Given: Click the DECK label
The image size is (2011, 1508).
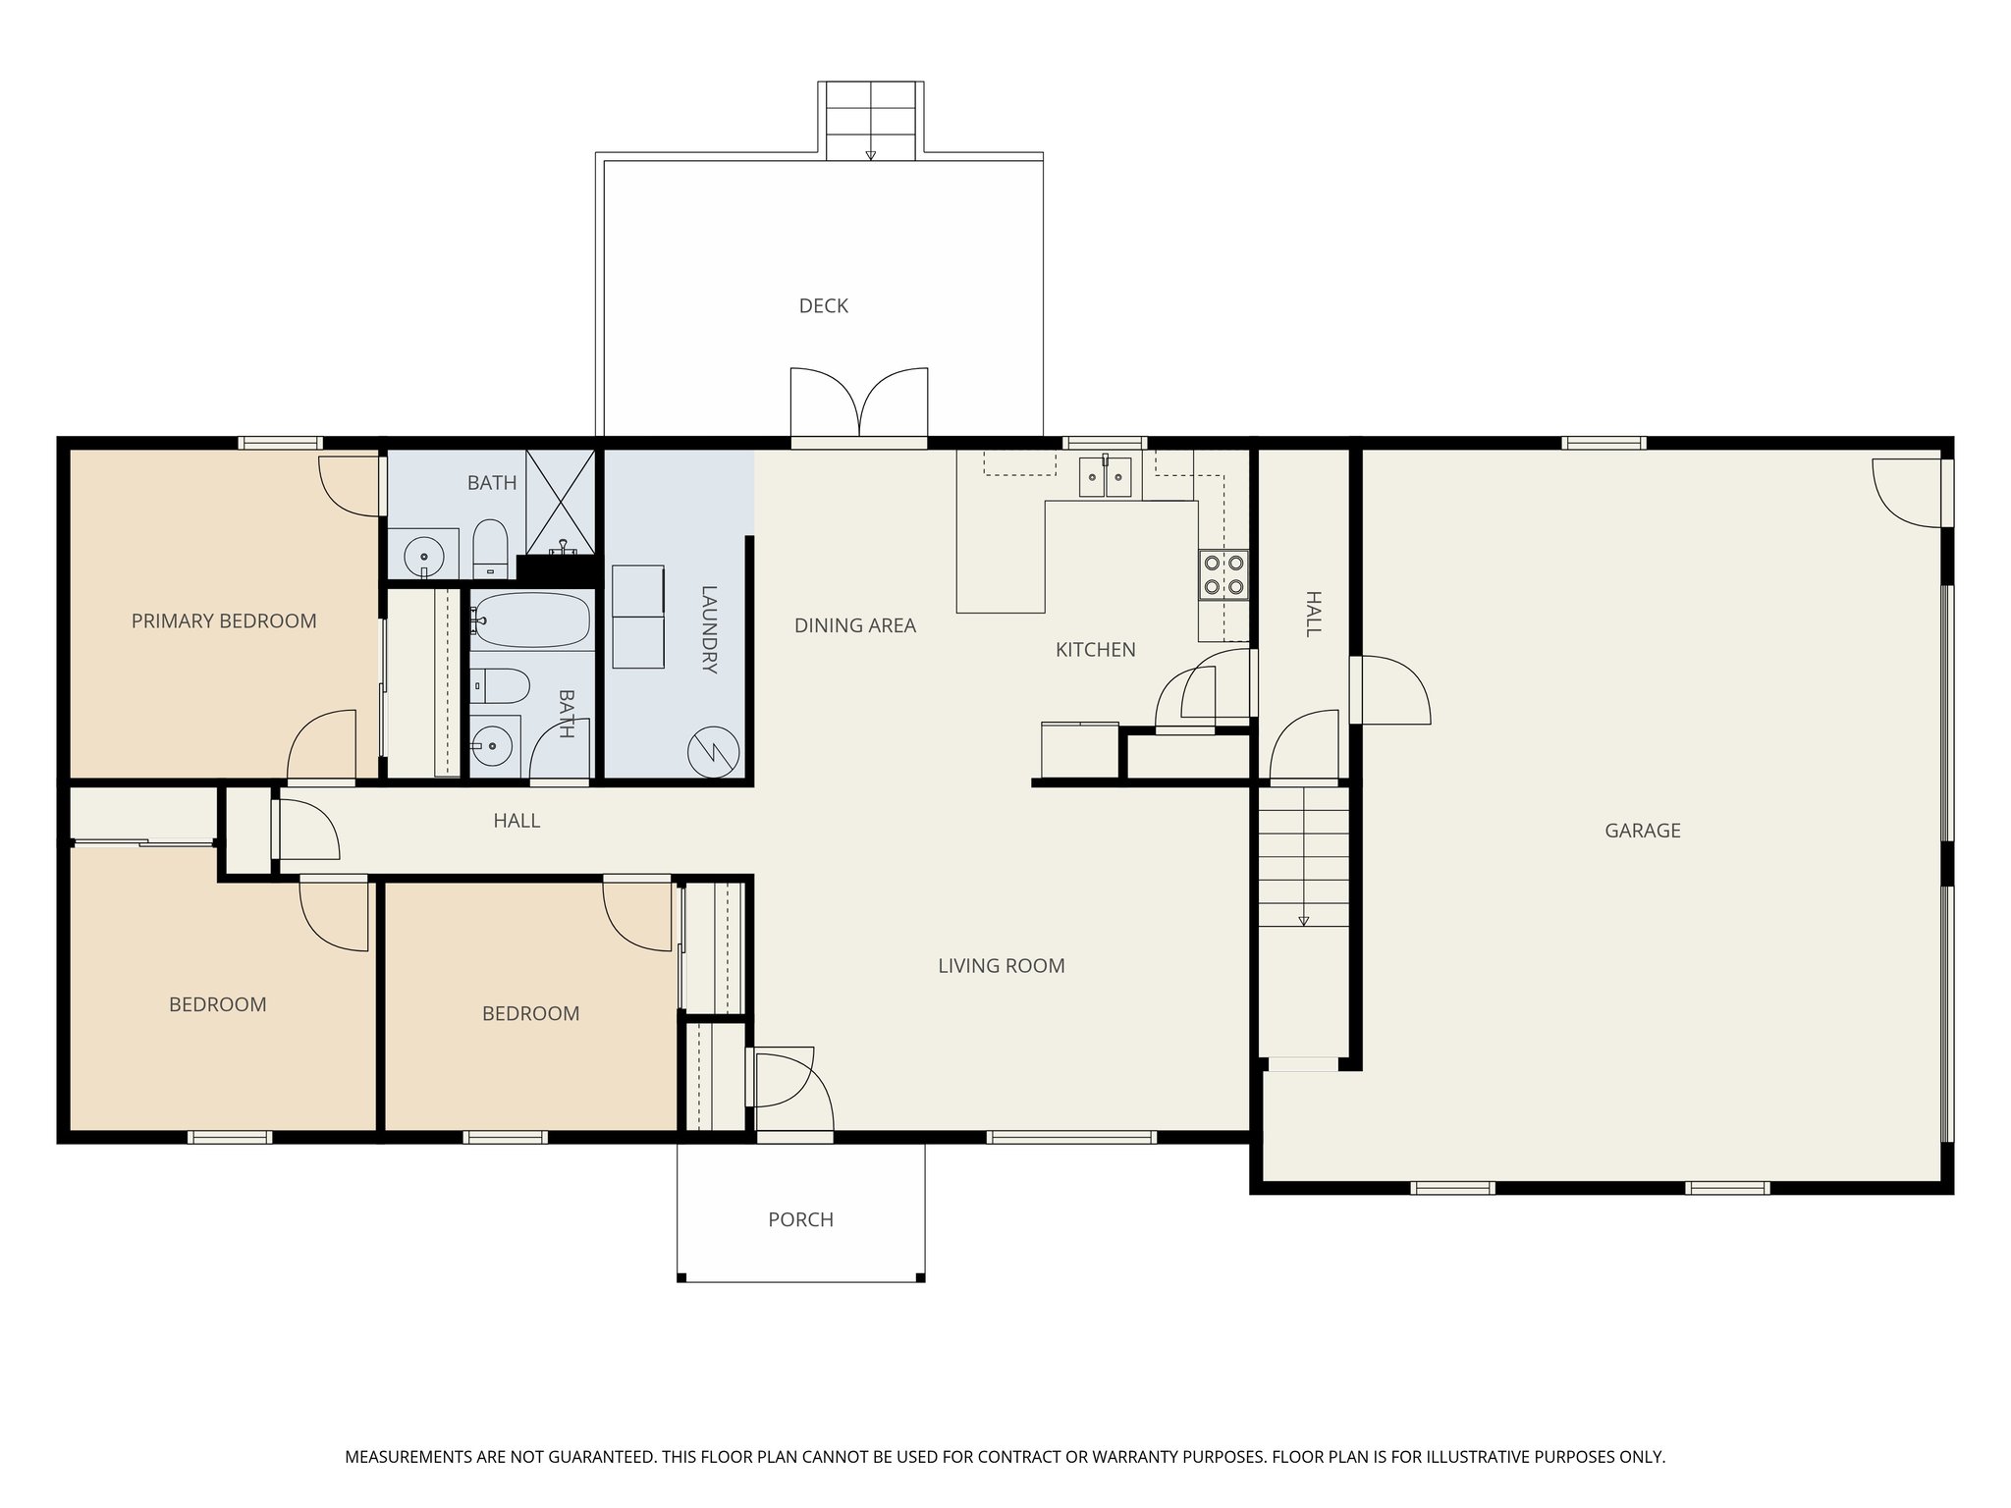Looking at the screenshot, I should (x=823, y=306).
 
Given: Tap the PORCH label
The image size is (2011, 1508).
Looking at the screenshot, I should (x=800, y=1219).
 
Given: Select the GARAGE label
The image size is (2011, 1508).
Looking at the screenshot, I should (x=1642, y=831).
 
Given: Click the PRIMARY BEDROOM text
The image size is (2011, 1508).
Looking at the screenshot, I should (x=224, y=620).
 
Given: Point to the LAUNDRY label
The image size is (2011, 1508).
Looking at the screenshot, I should (x=710, y=629).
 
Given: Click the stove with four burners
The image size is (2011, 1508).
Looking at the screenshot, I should (x=1223, y=575).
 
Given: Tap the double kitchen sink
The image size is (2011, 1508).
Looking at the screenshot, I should (x=1105, y=478).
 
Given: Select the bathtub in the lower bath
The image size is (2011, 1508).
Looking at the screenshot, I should (x=531, y=620).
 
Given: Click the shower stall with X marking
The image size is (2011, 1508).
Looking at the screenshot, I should (x=561, y=501).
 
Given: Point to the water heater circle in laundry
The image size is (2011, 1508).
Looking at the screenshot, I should (x=714, y=752).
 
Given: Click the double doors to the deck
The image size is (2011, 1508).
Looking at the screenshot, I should (x=859, y=404).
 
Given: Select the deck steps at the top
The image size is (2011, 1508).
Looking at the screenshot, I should (x=871, y=121).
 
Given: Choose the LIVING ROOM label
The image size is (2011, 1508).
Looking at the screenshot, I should (x=1001, y=966).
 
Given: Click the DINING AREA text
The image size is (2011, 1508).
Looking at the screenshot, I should (x=854, y=625).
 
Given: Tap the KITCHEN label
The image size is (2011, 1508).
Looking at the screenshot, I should (x=1095, y=650).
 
